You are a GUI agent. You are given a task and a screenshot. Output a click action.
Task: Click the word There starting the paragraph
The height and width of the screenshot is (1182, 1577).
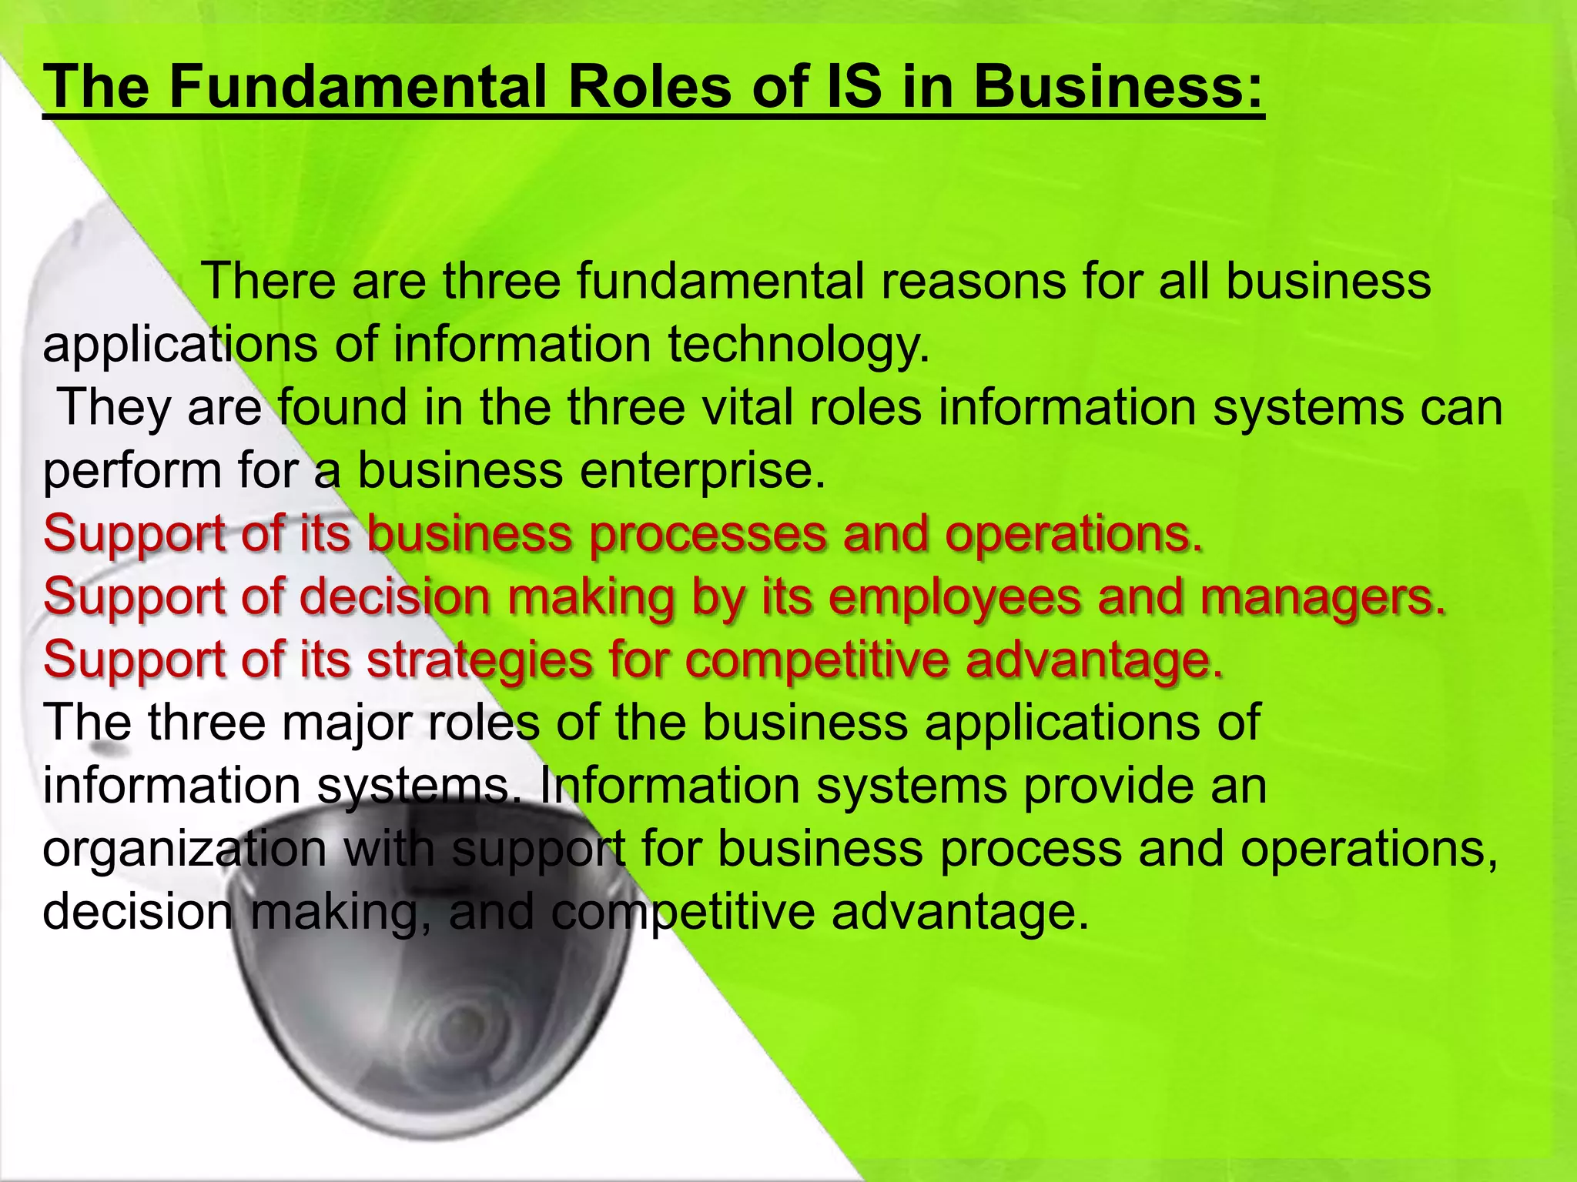(x=267, y=281)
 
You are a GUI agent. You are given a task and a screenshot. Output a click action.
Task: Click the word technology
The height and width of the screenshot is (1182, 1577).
(x=799, y=344)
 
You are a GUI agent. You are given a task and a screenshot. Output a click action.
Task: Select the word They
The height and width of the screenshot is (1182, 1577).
(x=114, y=407)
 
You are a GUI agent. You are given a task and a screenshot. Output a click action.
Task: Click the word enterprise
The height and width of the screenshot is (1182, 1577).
(x=702, y=470)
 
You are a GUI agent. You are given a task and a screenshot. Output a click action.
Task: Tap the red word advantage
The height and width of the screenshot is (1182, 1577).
(x=1093, y=660)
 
